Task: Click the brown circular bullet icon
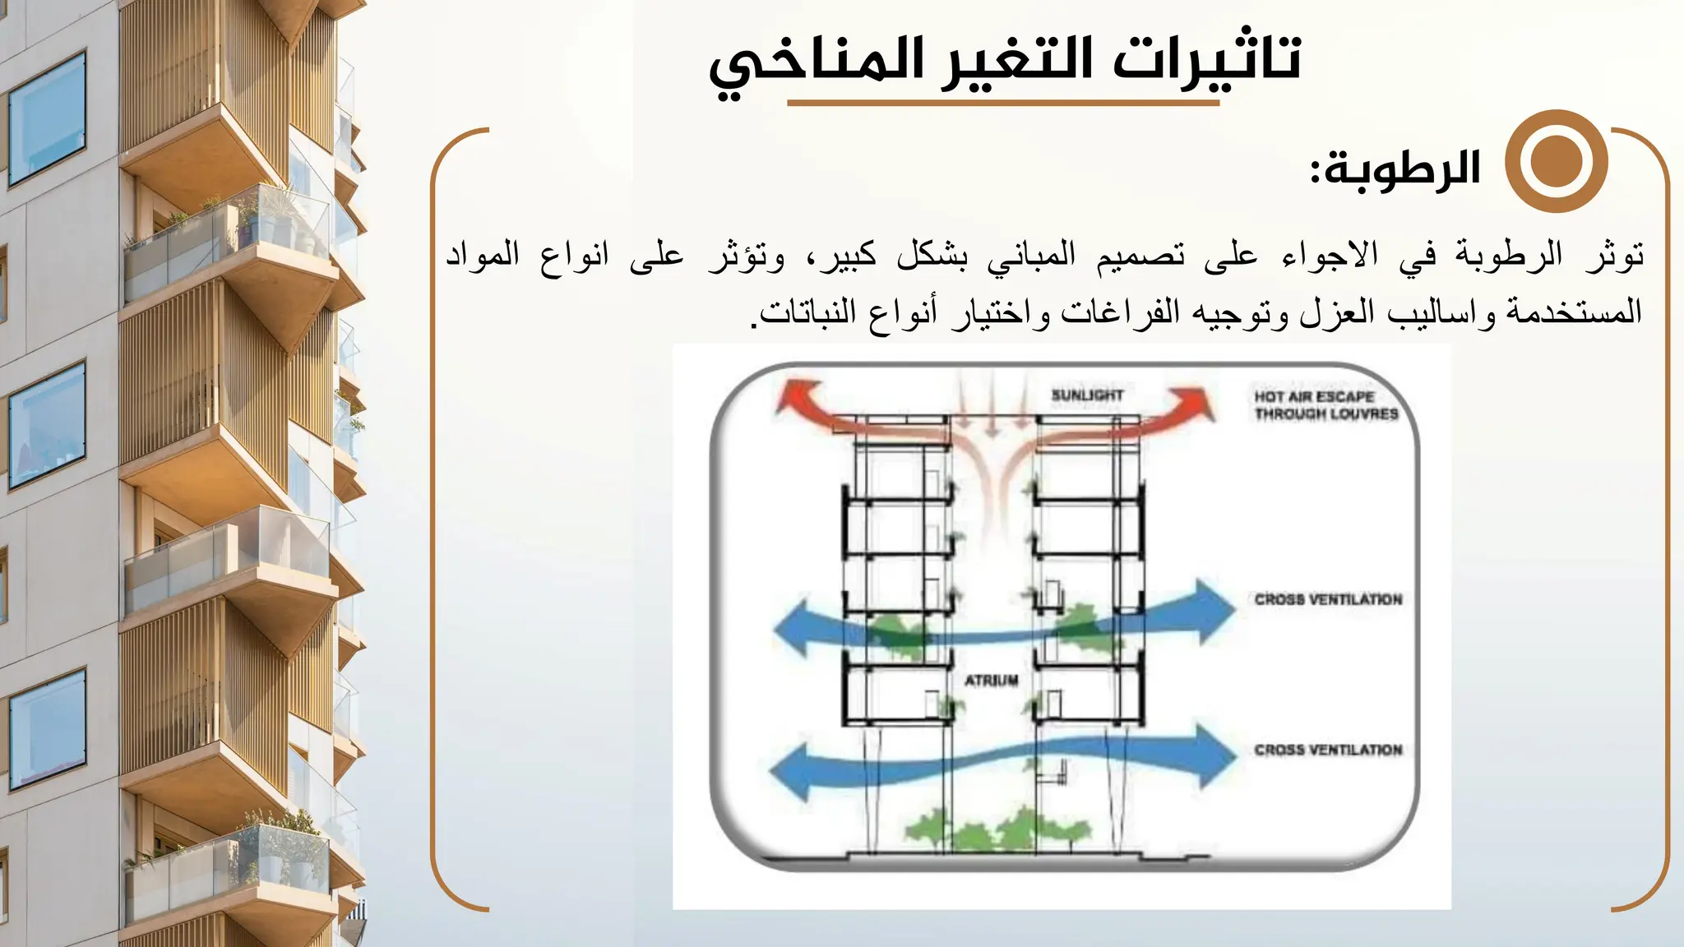[1556, 161]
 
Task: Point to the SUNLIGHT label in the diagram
[1086, 395]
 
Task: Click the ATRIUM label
[991, 681]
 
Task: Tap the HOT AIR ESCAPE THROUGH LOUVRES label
[1325, 405]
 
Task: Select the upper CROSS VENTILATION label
[1327, 599]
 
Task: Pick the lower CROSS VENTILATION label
[1327, 750]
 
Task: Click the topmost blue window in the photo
[48, 119]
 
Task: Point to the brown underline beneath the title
[1002, 104]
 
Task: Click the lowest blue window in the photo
[48, 728]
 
